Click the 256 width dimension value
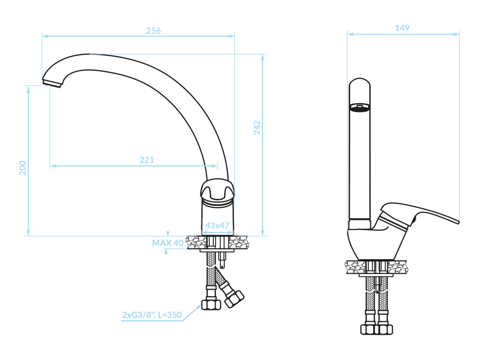pyautogui.click(x=153, y=31)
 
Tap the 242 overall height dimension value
pyautogui.click(x=257, y=128)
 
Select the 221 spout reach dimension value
pyautogui.click(x=147, y=160)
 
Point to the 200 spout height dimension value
pyautogui.click(x=23, y=168)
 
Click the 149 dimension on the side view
pyautogui.click(x=402, y=28)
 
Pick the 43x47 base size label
pyautogui.click(x=217, y=225)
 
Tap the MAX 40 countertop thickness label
pyautogui.click(x=168, y=243)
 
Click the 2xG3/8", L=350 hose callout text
pyautogui.click(x=152, y=315)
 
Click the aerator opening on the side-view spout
pyautogui.click(x=360, y=107)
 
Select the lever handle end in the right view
pyautogui.click(x=456, y=221)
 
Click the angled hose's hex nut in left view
pyautogui.click(x=234, y=299)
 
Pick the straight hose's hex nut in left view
pyautogui.click(x=211, y=305)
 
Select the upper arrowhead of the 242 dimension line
pyautogui.click(x=263, y=57)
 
